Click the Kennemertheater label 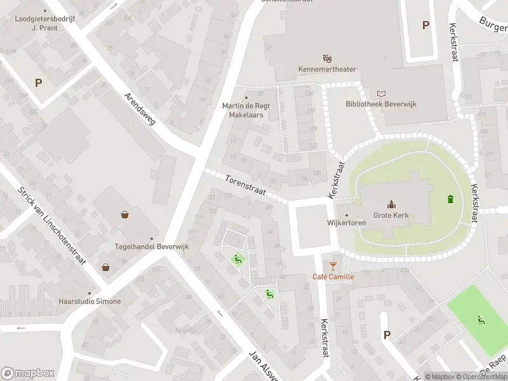pyautogui.click(x=327, y=69)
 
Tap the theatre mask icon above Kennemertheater pyautogui.click(x=327, y=58)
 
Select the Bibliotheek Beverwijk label pyautogui.click(x=381, y=104)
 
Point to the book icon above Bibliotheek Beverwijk pyautogui.click(x=381, y=93)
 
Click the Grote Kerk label pyautogui.click(x=391, y=215)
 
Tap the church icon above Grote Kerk pyautogui.click(x=391, y=204)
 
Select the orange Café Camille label pyautogui.click(x=333, y=276)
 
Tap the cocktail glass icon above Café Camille pyautogui.click(x=333, y=265)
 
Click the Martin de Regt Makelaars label pyautogui.click(x=246, y=110)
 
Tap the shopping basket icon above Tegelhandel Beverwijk pyautogui.click(x=125, y=215)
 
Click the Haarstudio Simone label pyautogui.click(x=89, y=301)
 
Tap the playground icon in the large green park pyautogui.click(x=481, y=319)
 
